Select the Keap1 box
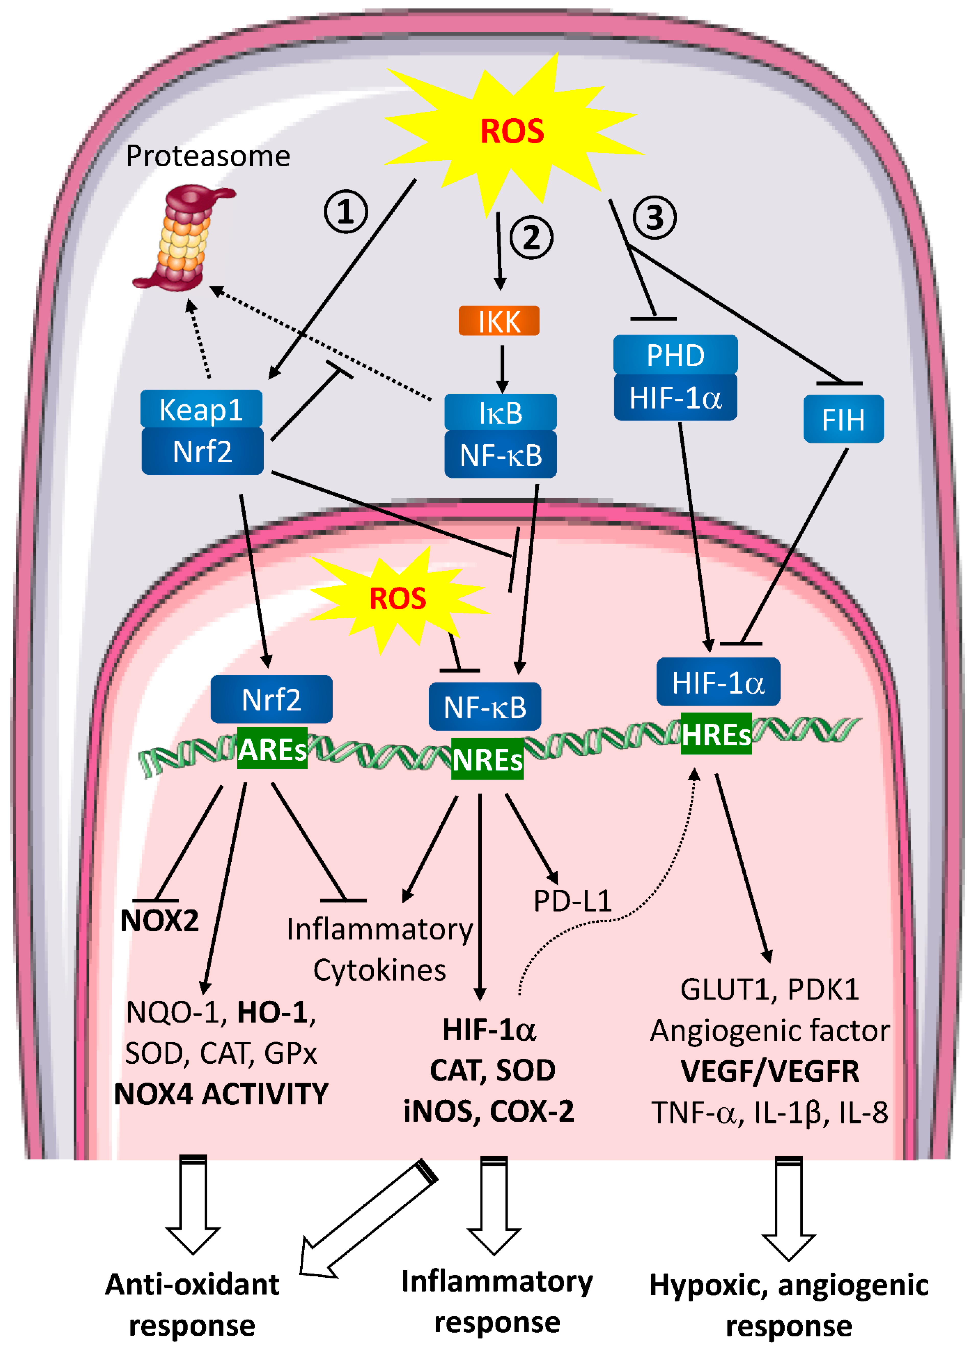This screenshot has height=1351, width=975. coord(201,409)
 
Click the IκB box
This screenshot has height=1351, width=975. coord(500,412)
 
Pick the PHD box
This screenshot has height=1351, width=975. coord(675,355)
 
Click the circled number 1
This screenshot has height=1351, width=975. coord(345,212)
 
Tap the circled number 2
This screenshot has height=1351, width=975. coord(531,237)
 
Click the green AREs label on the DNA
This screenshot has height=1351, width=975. coord(272,749)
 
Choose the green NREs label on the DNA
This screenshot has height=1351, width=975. coord(487,759)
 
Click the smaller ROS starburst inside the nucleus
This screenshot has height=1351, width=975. coord(398,599)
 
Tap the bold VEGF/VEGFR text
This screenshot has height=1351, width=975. coord(770,1071)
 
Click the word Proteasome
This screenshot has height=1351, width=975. coord(208,156)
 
